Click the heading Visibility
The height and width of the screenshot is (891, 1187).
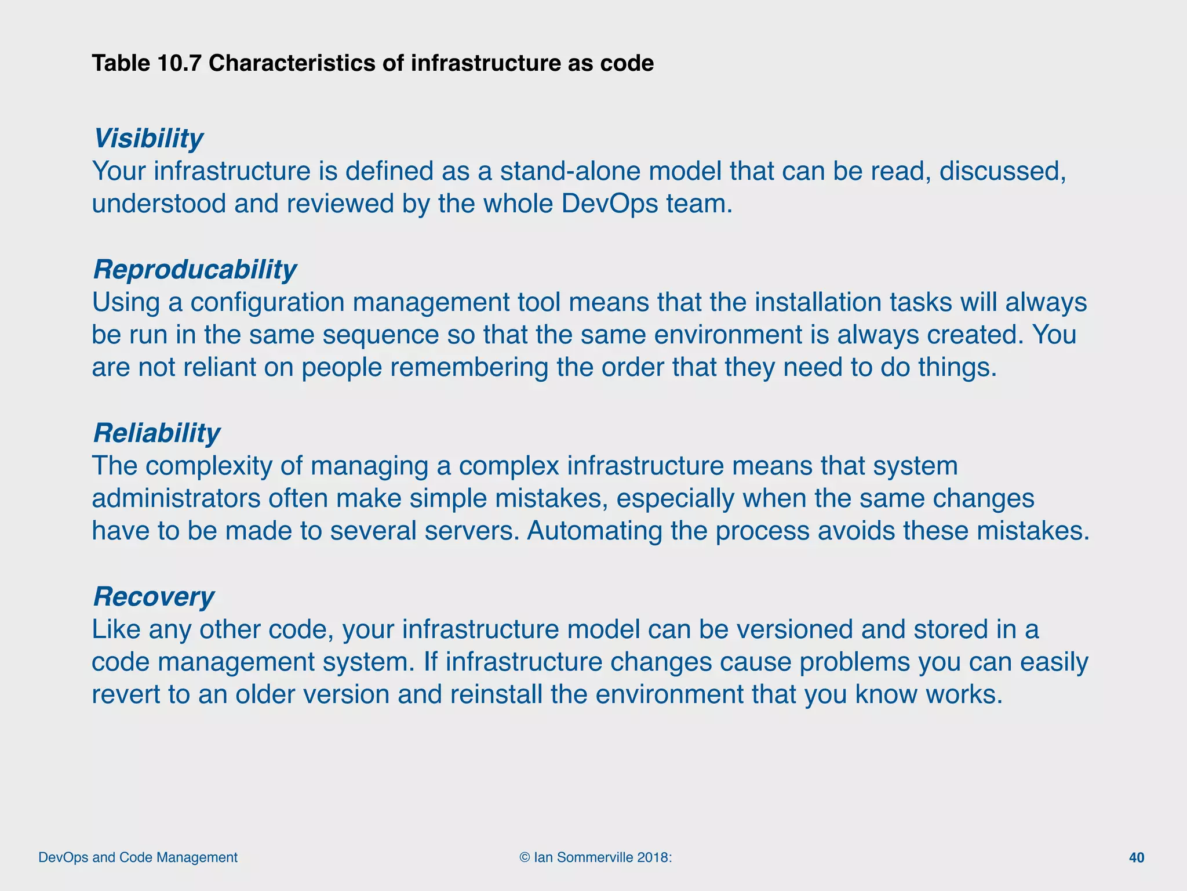coord(148,139)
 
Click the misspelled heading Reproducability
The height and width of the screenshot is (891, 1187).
coord(194,270)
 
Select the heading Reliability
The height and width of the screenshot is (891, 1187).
coord(156,433)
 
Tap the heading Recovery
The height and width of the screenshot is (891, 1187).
coord(154,597)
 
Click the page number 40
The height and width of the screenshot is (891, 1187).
coord(1137,858)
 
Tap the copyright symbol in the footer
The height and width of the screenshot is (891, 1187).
coord(525,857)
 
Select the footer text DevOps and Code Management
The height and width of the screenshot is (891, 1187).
coord(138,857)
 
